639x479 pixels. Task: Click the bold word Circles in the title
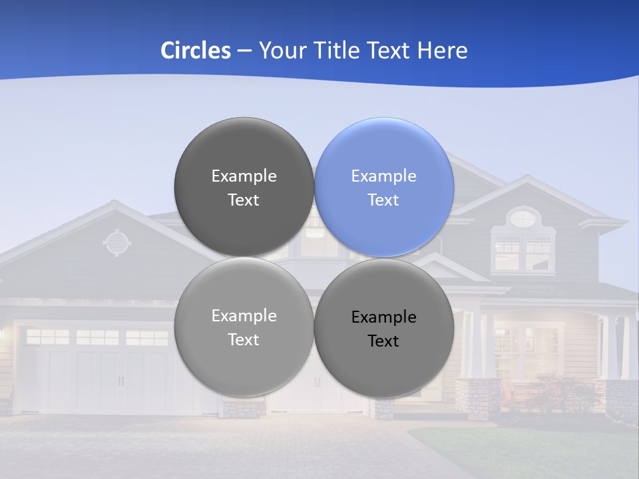pyautogui.click(x=195, y=51)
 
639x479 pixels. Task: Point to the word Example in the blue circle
pyautogui.click(x=383, y=176)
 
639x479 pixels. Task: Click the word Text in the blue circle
pyautogui.click(x=383, y=200)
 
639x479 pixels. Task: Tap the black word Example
pyautogui.click(x=383, y=317)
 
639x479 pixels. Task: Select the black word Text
pyautogui.click(x=383, y=341)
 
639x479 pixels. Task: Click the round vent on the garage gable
pyautogui.click(x=116, y=243)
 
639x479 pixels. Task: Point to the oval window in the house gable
pyautogui.click(x=524, y=217)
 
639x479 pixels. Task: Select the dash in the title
pyautogui.click(x=244, y=51)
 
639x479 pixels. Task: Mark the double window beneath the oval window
pyautogui.click(x=524, y=253)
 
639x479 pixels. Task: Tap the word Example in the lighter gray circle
pyautogui.click(x=244, y=316)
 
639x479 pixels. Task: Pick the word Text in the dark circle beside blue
pyautogui.click(x=244, y=200)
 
